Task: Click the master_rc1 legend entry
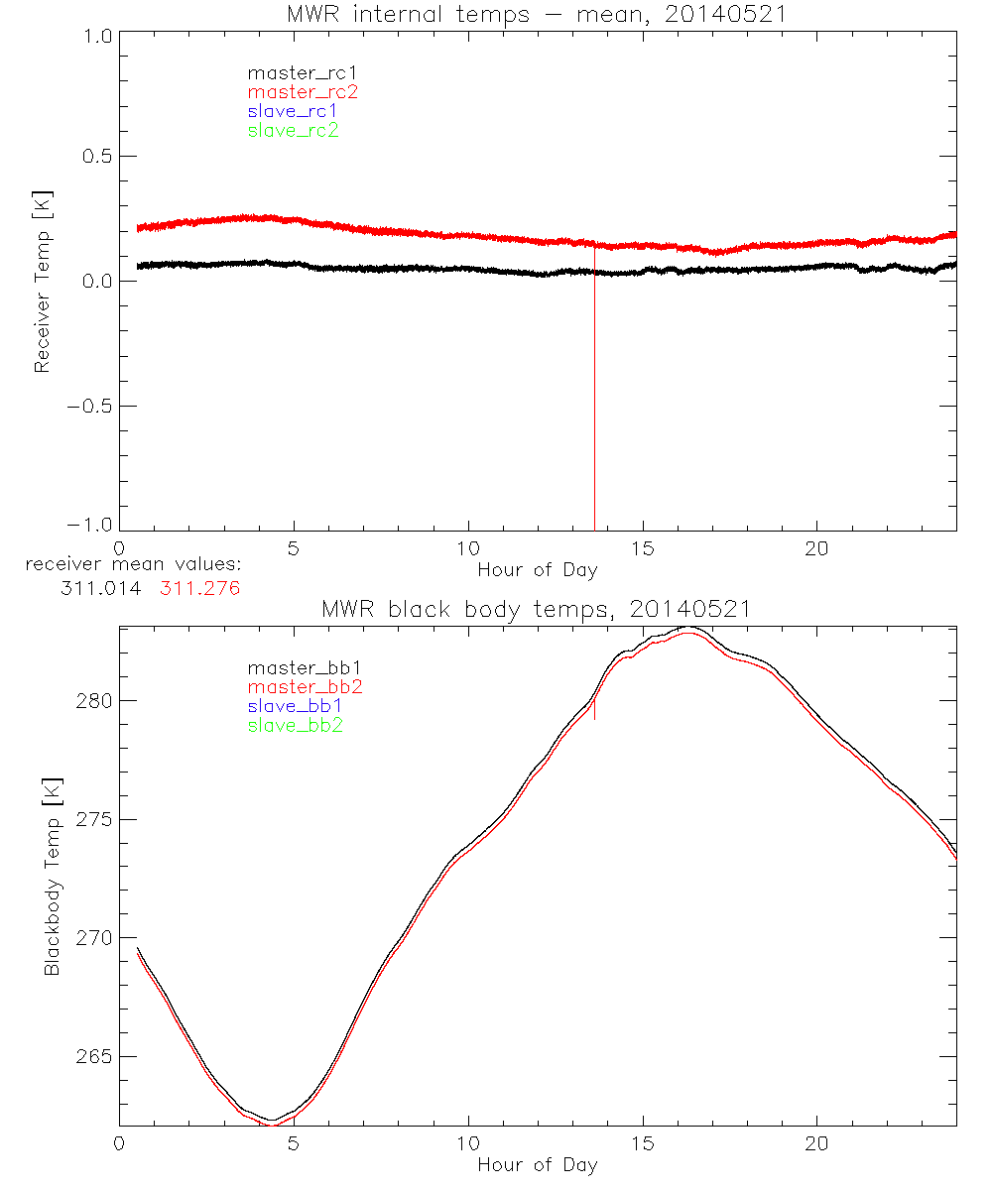tap(292, 72)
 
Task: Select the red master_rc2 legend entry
tap(302, 91)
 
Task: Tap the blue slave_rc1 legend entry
tap(293, 110)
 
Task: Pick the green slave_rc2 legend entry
tap(293, 130)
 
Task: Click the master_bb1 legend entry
tap(295, 668)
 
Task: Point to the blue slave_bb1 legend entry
tap(295, 706)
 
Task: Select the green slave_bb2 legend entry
tap(295, 725)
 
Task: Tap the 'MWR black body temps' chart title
tap(537, 610)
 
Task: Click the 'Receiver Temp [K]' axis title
tap(42, 282)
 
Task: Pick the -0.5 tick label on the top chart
tap(87, 407)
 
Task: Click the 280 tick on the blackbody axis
tap(93, 700)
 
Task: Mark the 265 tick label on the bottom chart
tap(93, 1056)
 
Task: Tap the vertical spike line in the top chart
tap(594, 397)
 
